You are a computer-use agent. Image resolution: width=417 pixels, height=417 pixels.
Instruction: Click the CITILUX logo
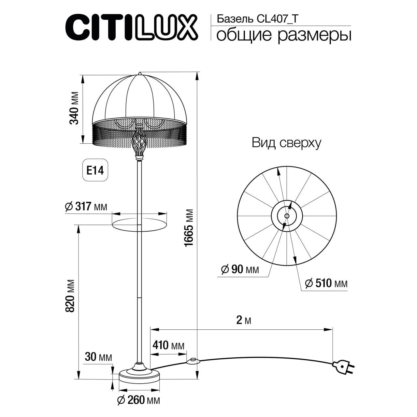pos(132,28)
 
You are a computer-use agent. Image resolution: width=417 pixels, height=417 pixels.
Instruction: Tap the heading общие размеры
pos(283,35)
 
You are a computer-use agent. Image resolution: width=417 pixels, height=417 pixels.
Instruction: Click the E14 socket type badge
pos(94,170)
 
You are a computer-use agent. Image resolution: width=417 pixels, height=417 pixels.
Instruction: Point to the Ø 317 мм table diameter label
pos(86,207)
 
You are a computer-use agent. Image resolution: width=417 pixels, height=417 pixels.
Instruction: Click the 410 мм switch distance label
pos(168,345)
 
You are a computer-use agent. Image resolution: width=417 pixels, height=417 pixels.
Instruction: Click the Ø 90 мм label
pos(239,270)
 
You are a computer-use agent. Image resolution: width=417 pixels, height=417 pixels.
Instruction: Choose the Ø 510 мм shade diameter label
pos(326,283)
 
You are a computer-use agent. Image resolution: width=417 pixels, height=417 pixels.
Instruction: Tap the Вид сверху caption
pos(286,143)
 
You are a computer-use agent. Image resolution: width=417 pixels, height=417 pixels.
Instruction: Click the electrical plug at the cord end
pos(344,367)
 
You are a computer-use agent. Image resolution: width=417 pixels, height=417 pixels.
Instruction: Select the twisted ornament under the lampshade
pos(139,143)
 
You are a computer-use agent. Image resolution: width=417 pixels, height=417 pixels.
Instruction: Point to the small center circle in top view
pos(286,216)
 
